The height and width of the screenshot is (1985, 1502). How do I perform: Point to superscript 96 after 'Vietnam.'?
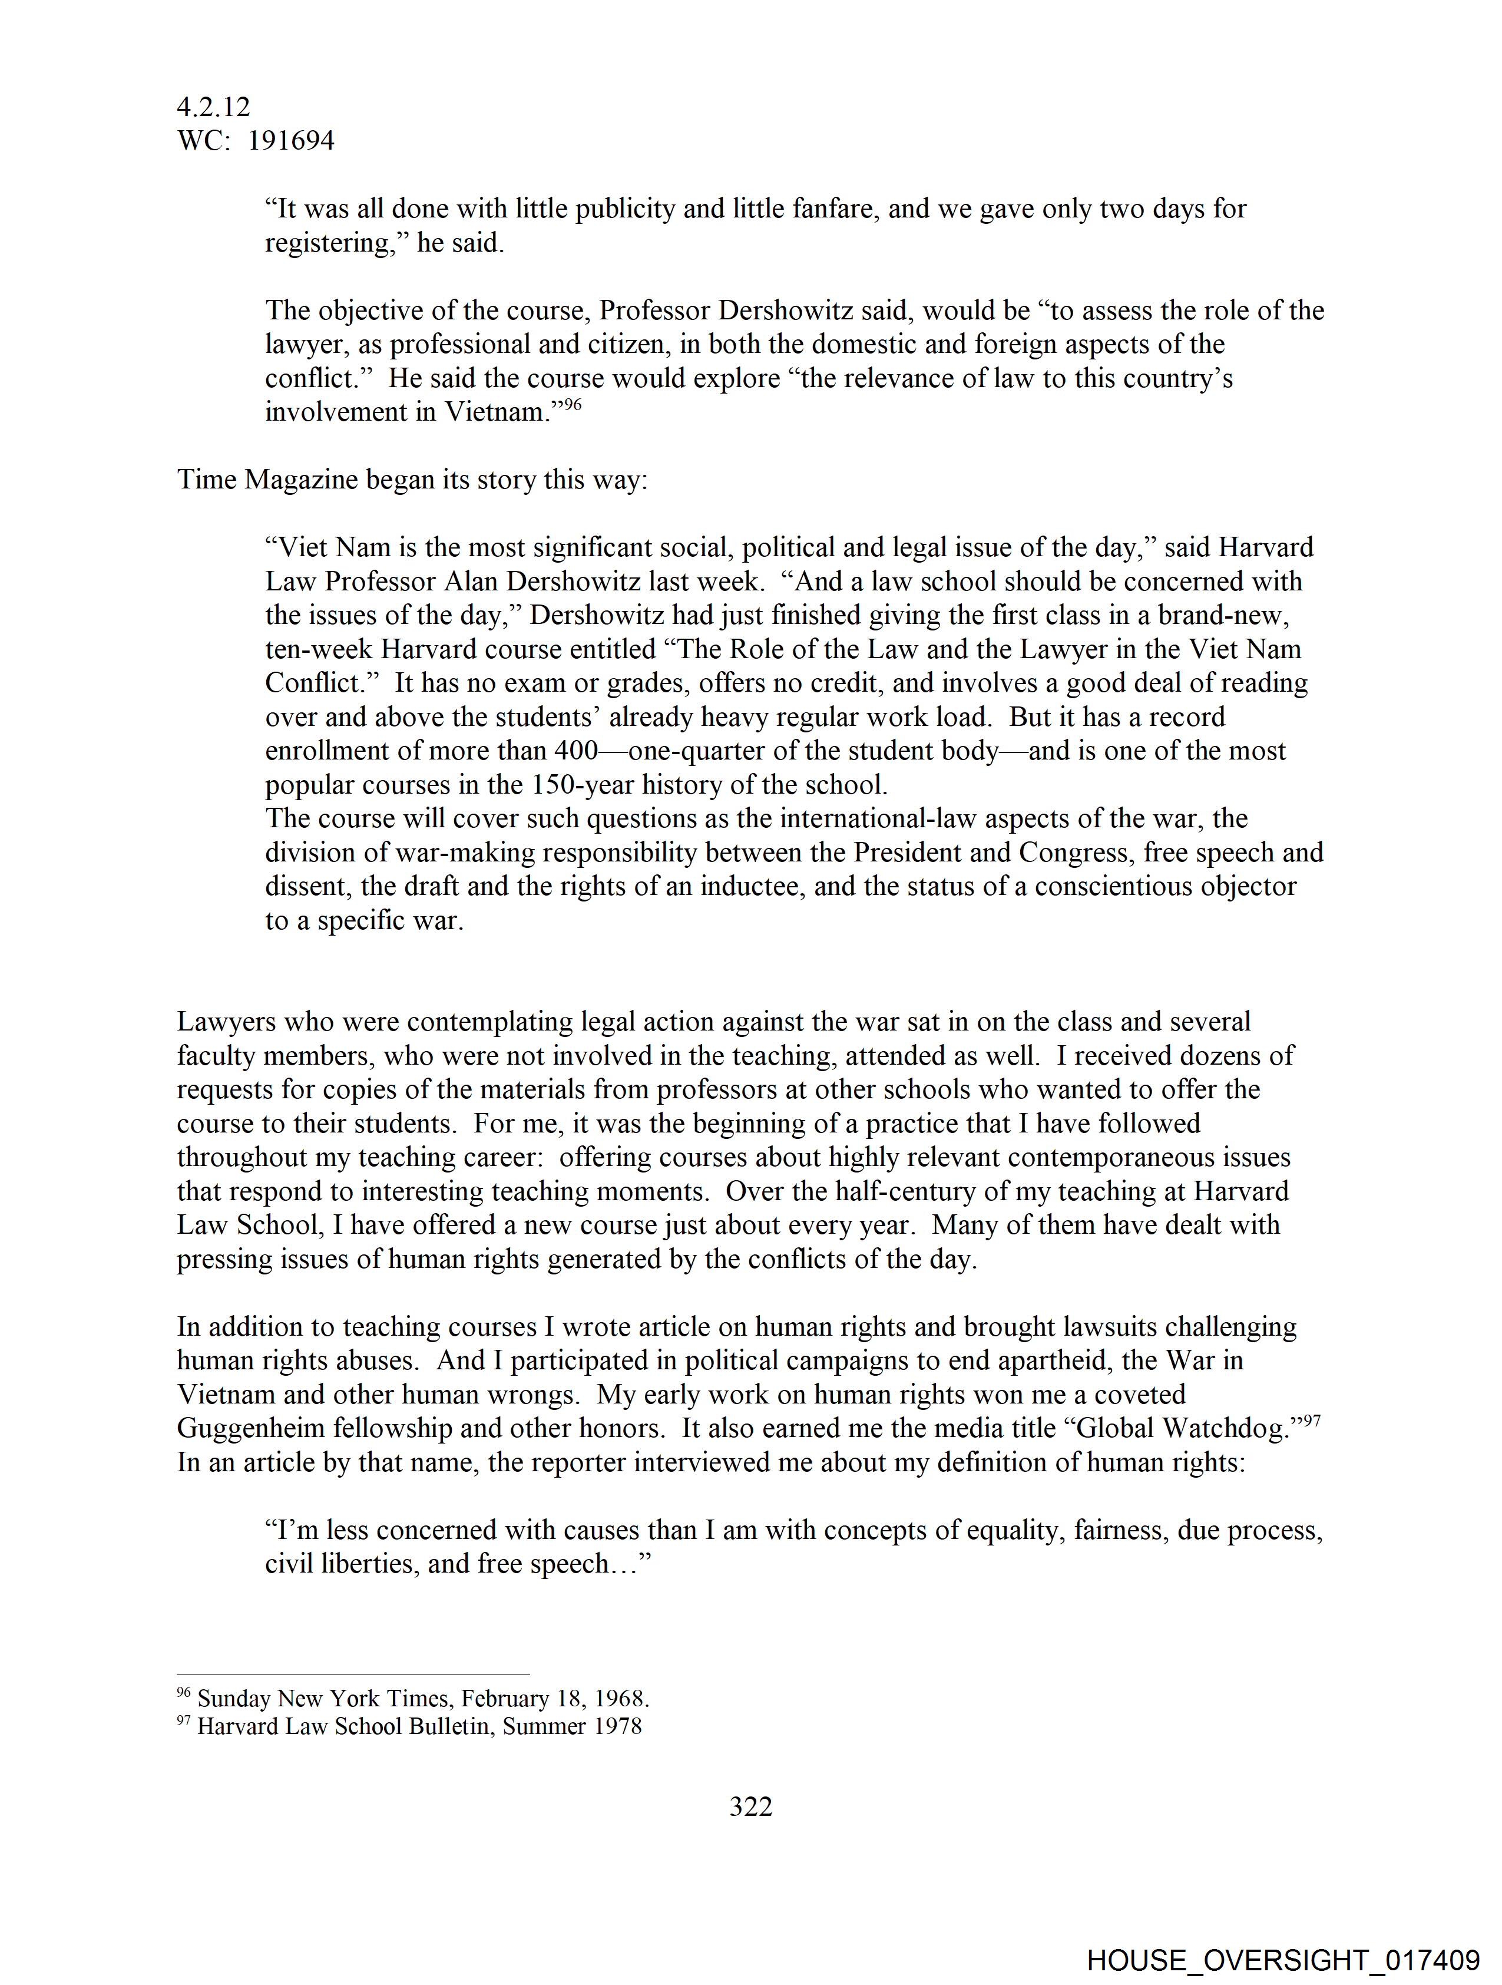573,405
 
